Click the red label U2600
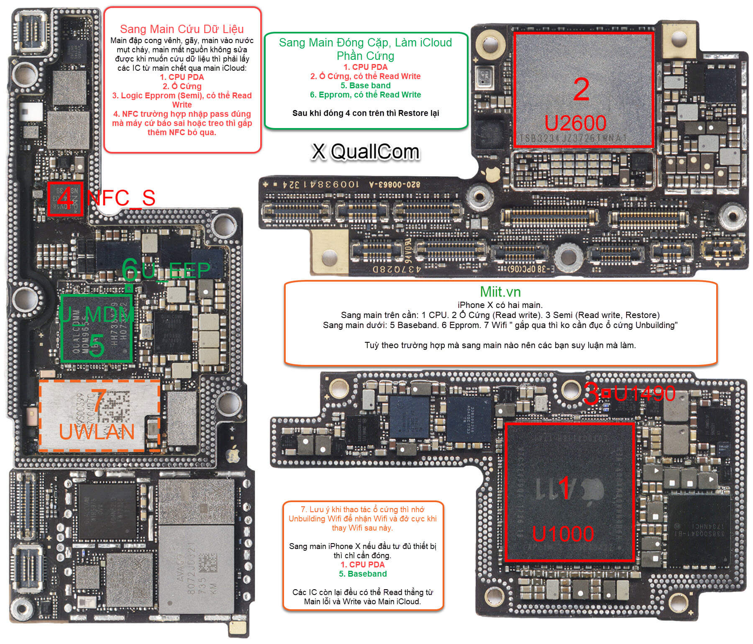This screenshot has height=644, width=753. [x=575, y=123]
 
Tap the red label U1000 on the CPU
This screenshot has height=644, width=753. [x=563, y=534]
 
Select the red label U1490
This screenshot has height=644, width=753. [x=644, y=393]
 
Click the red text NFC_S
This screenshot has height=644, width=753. [x=121, y=198]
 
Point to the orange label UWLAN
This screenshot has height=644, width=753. [x=97, y=432]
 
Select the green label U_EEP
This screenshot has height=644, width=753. [x=176, y=271]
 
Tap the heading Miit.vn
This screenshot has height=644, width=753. [x=500, y=292]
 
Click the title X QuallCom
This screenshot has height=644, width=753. [x=365, y=151]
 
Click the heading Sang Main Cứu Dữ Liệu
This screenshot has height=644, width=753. [x=182, y=29]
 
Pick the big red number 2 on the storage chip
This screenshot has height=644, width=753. [x=581, y=89]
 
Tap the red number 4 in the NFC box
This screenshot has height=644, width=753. [x=65, y=198]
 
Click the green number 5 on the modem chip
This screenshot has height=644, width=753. [x=97, y=346]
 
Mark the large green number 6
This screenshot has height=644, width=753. [x=130, y=269]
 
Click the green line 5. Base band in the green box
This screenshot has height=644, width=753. [x=365, y=85]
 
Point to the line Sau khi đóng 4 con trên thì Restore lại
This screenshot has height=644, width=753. [x=365, y=113]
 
